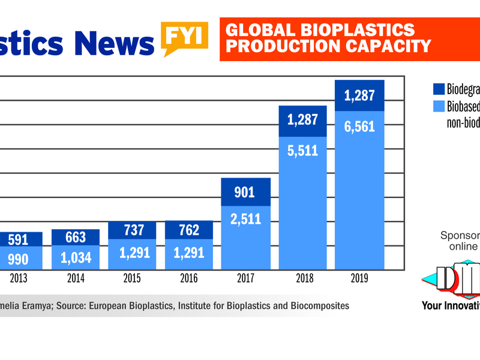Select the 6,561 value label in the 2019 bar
pyautogui.click(x=360, y=127)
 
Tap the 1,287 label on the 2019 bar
pyautogui.click(x=360, y=95)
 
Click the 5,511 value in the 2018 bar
pyautogui.click(x=303, y=151)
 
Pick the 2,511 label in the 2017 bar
pyautogui.click(x=245, y=219)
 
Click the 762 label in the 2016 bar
pyautogui.click(x=189, y=230)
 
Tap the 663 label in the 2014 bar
pyautogui.click(x=76, y=238)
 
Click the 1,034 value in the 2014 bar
pyautogui.click(x=76, y=258)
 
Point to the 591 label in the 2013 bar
pyautogui.click(x=19, y=239)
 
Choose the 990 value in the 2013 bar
pyautogui.click(x=19, y=259)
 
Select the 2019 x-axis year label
pyautogui.click(x=359, y=279)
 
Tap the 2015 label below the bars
pyautogui.click(x=131, y=279)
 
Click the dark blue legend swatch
pyautogui.click(x=439, y=89)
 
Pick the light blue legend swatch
pyautogui.click(x=439, y=106)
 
